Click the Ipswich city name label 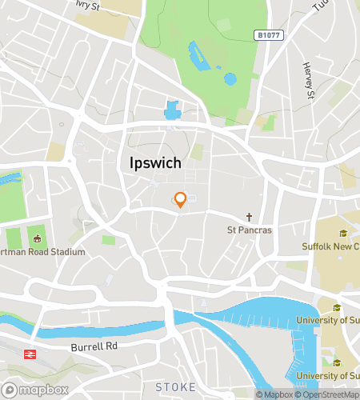pyautogui.click(x=155, y=162)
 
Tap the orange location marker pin pyautogui.click(x=181, y=199)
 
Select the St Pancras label pyautogui.click(x=250, y=230)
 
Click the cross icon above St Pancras pyautogui.click(x=250, y=217)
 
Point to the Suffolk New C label pyautogui.click(x=330, y=246)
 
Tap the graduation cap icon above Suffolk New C pyautogui.click(x=342, y=234)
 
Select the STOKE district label pyautogui.click(x=175, y=387)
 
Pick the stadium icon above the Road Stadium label pyautogui.click(x=36, y=237)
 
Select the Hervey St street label pyautogui.click(x=306, y=82)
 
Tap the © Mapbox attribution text pyautogui.click(x=274, y=394)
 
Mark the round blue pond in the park pyautogui.click(x=230, y=78)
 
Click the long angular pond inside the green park pyautogui.click(x=197, y=55)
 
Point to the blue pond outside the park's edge pyautogui.click(x=172, y=110)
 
